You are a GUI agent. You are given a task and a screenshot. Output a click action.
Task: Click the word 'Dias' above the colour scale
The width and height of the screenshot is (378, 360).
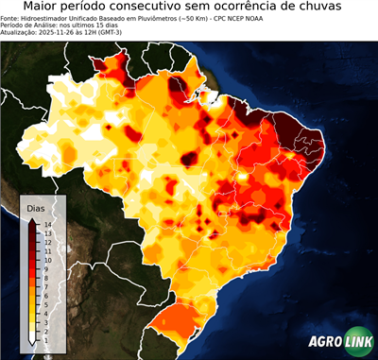click(x=34, y=207)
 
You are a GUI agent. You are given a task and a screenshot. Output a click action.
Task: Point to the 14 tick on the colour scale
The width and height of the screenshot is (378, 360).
click(x=47, y=224)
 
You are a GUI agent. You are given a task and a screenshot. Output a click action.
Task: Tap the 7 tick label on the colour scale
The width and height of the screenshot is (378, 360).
click(x=47, y=280)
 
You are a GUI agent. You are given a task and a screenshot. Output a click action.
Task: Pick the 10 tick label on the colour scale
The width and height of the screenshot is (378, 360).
click(x=47, y=256)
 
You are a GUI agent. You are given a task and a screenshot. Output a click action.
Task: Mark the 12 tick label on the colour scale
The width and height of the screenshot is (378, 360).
click(x=47, y=240)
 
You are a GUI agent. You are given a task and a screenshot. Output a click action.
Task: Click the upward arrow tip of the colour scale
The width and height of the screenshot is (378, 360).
click(x=32, y=221)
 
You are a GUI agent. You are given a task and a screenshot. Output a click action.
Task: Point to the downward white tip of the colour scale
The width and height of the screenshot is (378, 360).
click(x=32, y=338)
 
